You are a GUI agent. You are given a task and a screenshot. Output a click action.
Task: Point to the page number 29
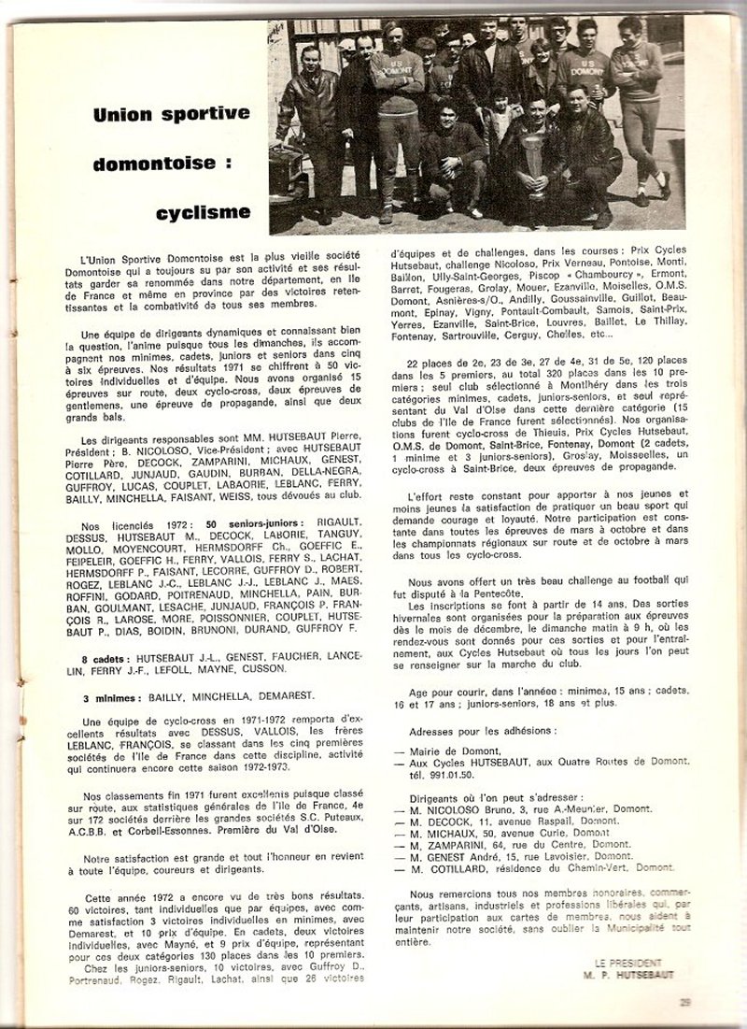[685, 1002]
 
